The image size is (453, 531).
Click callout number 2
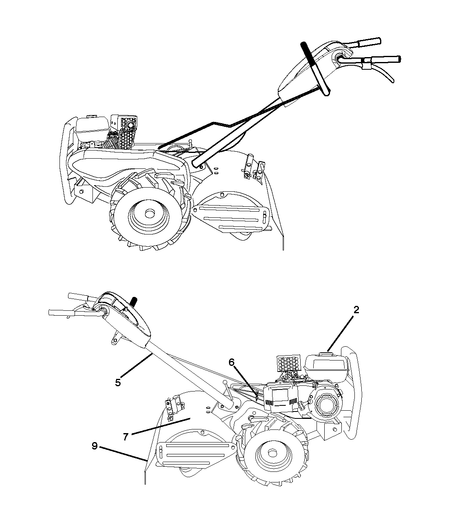click(356, 310)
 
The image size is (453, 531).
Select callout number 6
click(231, 362)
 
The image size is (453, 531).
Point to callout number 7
click(125, 437)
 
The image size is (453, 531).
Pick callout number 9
click(95, 446)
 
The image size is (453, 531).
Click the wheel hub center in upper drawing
click(148, 213)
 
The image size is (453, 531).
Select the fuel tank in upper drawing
click(92, 129)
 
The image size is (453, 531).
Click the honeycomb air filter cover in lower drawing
click(288, 363)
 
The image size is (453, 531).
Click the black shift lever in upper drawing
click(315, 69)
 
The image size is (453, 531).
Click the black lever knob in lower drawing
click(134, 300)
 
